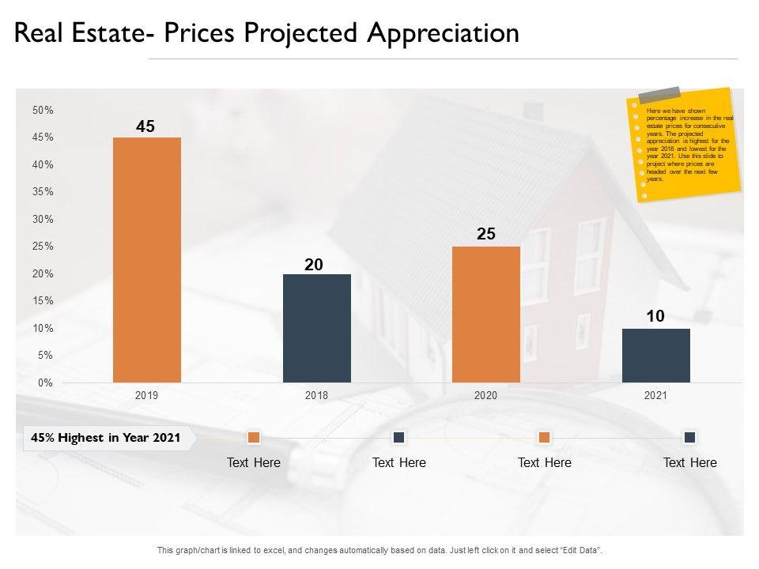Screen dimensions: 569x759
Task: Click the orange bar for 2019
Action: click(x=147, y=260)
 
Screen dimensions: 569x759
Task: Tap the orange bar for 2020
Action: click(x=486, y=315)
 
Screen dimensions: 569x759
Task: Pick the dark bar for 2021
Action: click(x=655, y=356)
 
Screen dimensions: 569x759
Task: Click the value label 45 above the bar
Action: click(x=145, y=126)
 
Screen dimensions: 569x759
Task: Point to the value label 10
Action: click(x=655, y=316)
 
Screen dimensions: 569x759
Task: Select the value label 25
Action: click(x=486, y=234)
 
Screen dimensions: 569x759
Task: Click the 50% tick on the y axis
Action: click(x=43, y=111)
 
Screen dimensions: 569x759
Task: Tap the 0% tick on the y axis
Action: click(x=45, y=383)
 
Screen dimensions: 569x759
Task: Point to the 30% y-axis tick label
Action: click(x=43, y=220)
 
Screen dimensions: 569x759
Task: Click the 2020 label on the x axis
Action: click(x=485, y=396)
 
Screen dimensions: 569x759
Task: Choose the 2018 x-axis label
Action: click(x=316, y=396)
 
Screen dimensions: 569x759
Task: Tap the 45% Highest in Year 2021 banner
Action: click(x=106, y=437)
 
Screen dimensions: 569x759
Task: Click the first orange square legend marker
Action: click(x=254, y=437)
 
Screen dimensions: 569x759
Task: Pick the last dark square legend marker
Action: click(x=689, y=437)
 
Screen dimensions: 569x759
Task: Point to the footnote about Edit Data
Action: click(x=379, y=550)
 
